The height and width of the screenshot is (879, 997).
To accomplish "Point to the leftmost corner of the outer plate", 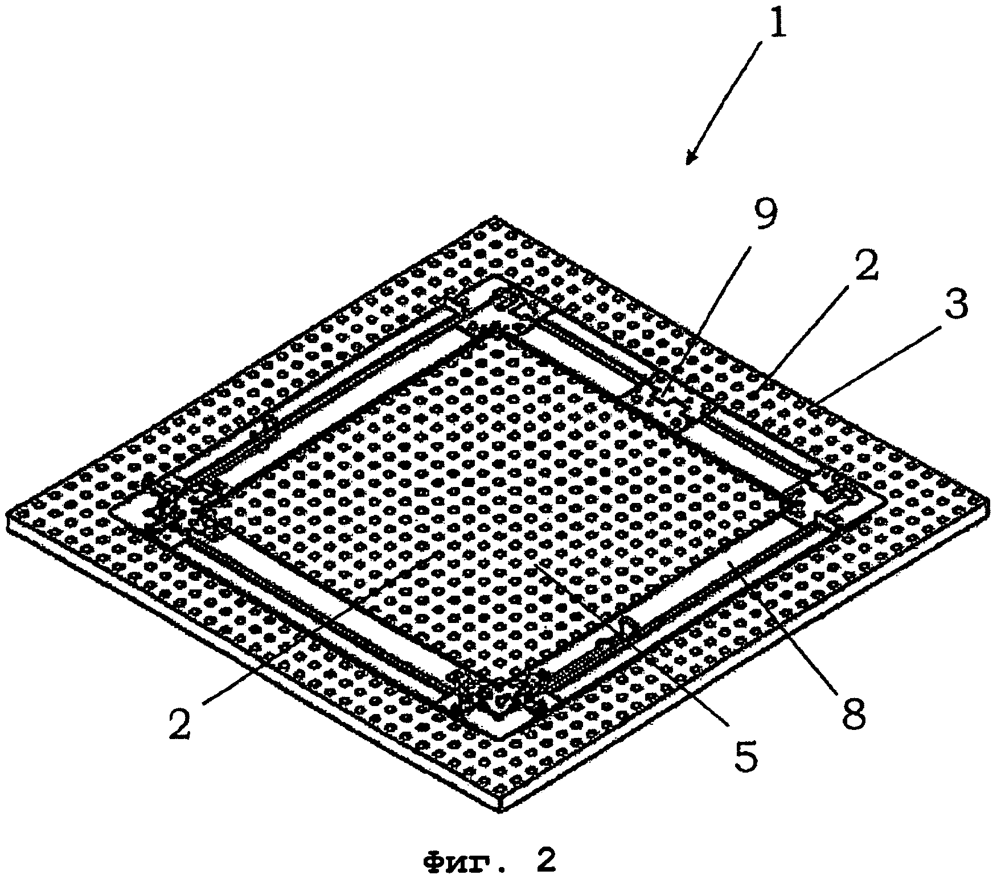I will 7,515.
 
